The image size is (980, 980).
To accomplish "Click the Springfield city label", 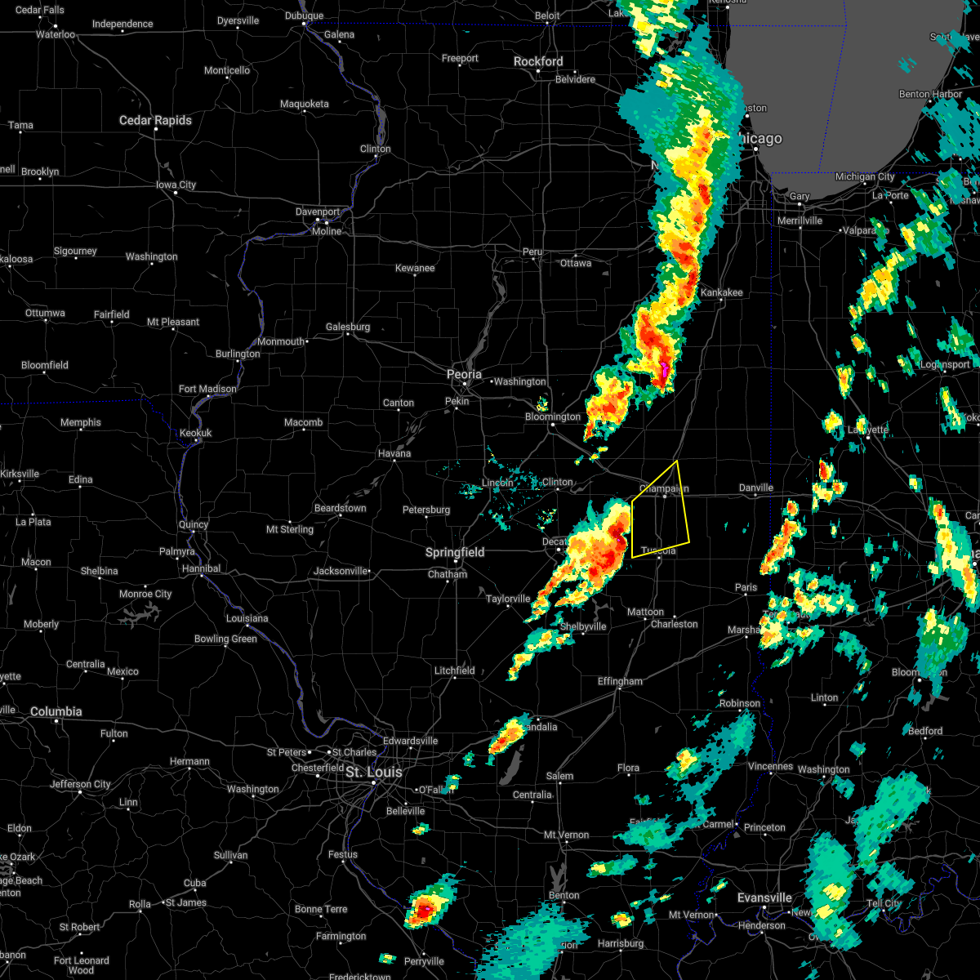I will tap(455, 553).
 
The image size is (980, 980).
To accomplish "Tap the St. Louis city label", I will tap(373, 772).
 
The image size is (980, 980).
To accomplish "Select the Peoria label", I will tap(464, 374).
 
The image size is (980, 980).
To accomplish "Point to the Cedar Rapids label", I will tap(155, 120).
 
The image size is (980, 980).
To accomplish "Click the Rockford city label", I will tap(538, 61).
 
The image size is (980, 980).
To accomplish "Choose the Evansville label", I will tap(764, 898).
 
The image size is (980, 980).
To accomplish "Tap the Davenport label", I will tap(318, 212).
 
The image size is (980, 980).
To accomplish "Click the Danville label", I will tap(755, 488).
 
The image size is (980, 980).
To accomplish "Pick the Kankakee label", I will tap(721, 292).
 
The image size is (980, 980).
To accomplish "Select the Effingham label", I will tap(620, 681).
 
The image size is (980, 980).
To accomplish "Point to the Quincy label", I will tap(193, 524).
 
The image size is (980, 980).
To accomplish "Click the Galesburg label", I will tap(348, 327).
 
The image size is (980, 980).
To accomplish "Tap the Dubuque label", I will tap(304, 16).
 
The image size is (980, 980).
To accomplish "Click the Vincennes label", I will tap(770, 766).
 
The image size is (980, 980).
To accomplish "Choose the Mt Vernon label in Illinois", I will tap(566, 835).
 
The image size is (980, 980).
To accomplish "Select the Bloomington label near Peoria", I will tap(553, 416).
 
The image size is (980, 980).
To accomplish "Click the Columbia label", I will tap(56, 711).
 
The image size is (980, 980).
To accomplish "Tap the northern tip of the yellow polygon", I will tap(677, 461).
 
